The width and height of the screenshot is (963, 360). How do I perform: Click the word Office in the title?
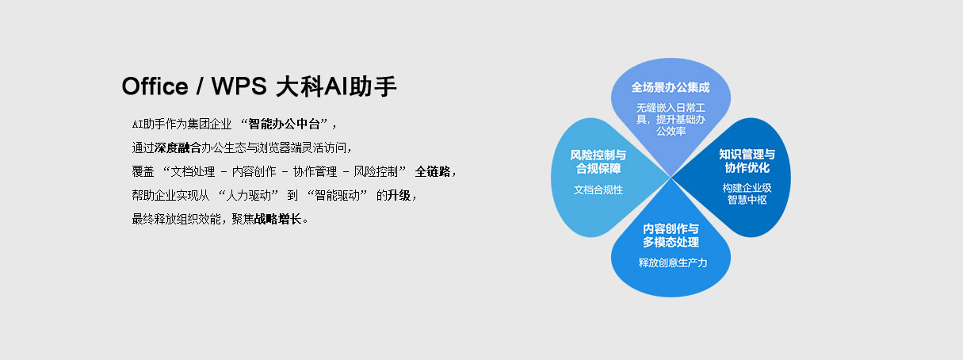click(155, 86)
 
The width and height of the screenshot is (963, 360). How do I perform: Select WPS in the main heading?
click(239, 86)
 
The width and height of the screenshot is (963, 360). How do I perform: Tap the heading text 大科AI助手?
click(336, 86)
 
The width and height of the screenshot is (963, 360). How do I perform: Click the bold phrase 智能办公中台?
click(284, 124)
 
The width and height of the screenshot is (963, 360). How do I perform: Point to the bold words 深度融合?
click(178, 148)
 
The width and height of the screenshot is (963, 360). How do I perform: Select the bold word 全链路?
click(433, 172)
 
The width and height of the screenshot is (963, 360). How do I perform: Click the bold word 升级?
click(399, 196)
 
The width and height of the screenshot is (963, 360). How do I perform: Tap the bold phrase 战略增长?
click(277, 220)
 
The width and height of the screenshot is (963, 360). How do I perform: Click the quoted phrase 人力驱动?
click(249, 196)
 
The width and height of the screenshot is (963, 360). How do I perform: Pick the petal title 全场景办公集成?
click(671, 88)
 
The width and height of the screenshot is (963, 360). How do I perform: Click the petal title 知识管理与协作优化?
click(747, 161)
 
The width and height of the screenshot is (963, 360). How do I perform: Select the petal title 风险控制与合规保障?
click(598, 162)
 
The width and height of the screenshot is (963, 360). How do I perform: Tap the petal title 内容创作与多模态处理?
click(671, 236)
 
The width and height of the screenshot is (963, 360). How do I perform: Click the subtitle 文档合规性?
click(598, 190)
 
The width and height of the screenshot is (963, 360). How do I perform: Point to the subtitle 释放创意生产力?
click(672, 262)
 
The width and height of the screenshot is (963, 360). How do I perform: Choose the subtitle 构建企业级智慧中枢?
click(747, 193)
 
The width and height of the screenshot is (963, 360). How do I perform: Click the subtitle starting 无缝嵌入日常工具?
click(671, 119)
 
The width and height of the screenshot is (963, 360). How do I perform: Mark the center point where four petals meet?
click(671, 177)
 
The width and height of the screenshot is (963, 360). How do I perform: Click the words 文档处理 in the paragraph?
click(193, 172)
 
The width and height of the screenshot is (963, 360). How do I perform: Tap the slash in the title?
click(200, 87)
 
